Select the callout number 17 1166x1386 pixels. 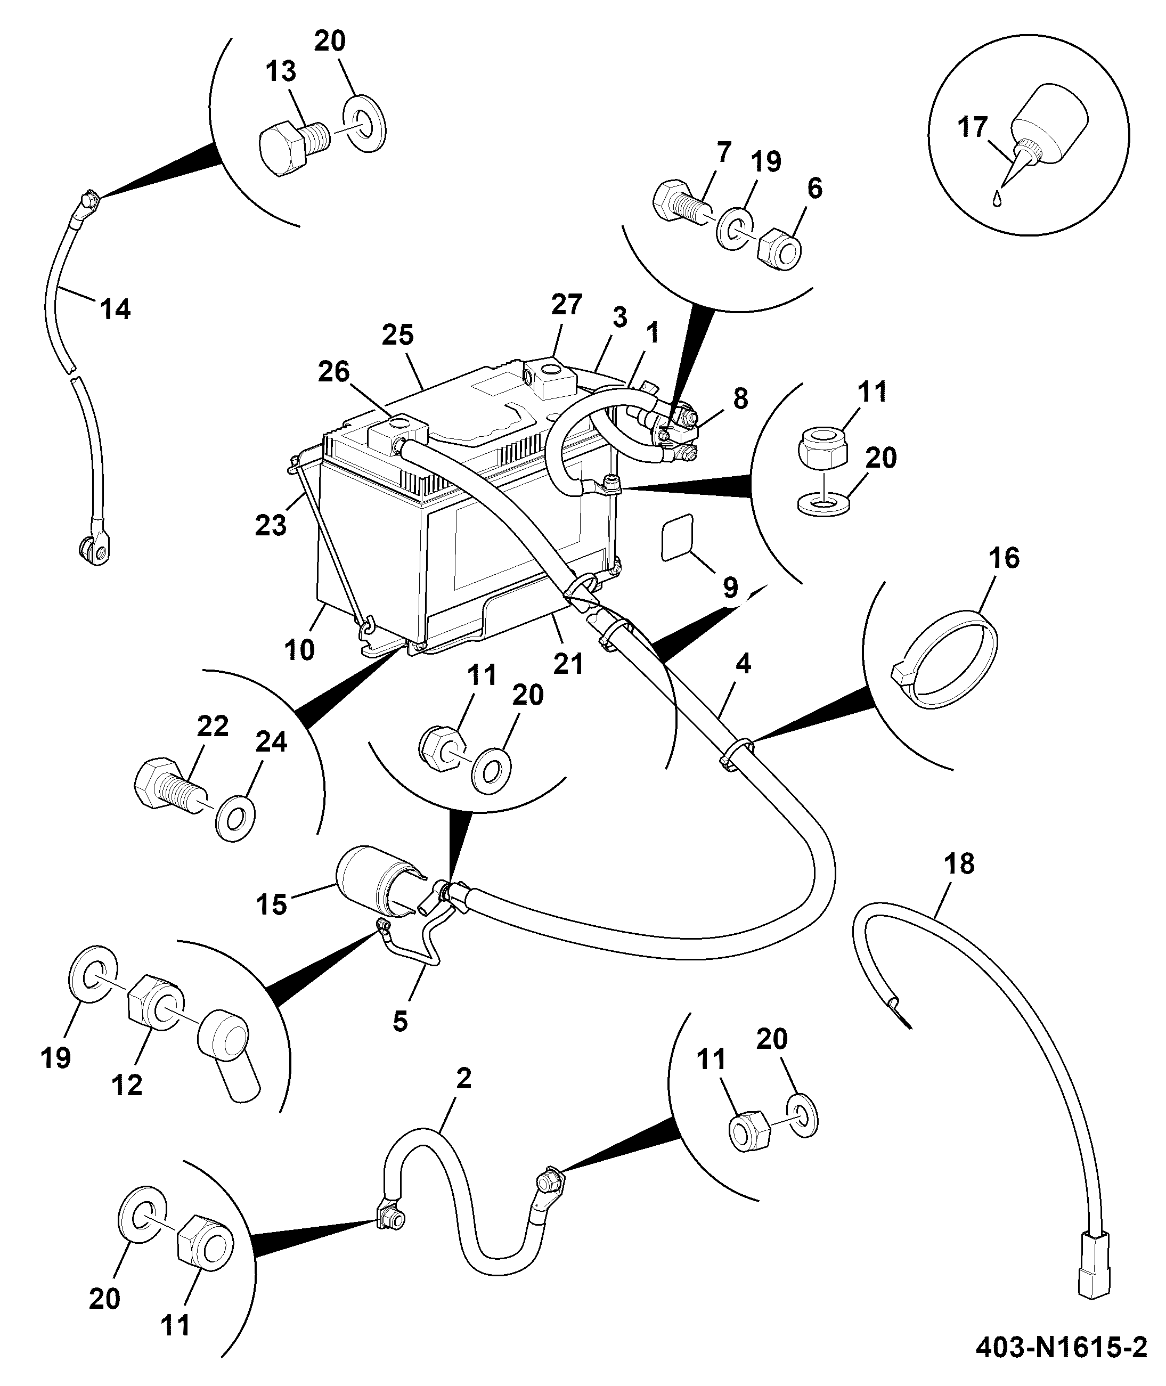[x=973, y=127]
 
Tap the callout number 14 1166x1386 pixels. [x=115, y=308]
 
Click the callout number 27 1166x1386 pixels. [x=566, y=304]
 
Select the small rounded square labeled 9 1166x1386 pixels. [x=678, y=538]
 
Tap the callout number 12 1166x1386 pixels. [x=127, y=1085]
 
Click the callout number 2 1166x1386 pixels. [x=464, y=1079]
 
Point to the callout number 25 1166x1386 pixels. [x=398, y=335]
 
